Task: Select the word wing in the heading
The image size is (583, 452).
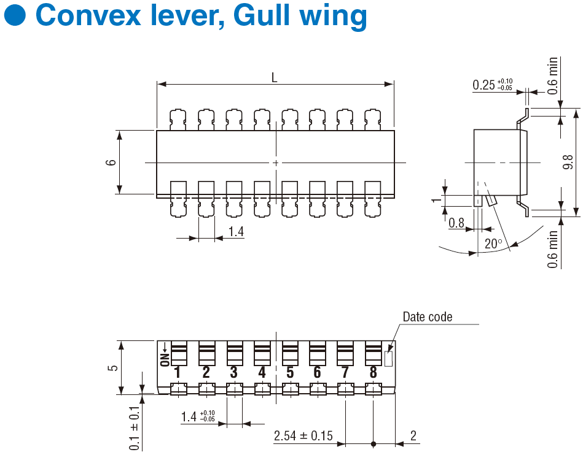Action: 334,17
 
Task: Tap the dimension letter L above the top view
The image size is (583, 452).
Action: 275,77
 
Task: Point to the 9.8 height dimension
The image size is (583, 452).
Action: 568,163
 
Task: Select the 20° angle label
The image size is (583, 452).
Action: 493,243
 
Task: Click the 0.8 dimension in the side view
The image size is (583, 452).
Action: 456,223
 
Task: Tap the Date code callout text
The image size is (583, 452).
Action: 427,317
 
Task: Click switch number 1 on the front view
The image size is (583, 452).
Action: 178,372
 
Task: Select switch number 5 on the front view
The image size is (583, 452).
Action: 290,372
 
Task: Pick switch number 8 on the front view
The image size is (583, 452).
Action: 373,372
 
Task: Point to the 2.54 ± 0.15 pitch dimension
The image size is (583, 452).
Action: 303,436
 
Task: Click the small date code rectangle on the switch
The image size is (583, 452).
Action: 388,359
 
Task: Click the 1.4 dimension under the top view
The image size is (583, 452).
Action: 236,232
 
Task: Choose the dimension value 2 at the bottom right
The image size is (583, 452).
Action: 413,436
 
